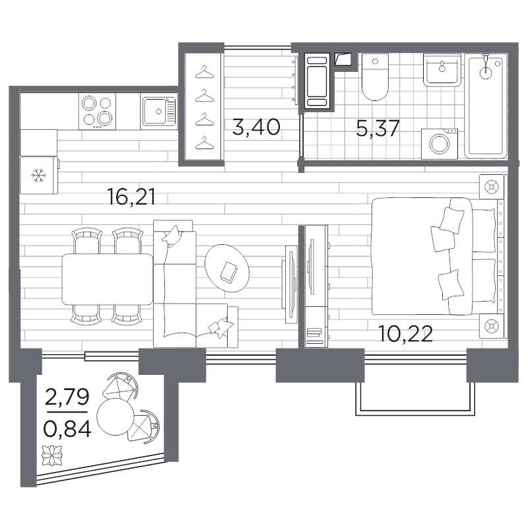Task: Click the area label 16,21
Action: coord(131,197)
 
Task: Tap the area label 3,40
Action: coord(256,127)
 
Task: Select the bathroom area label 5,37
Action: coord(378,128)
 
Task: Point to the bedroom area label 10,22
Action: coord(405,334)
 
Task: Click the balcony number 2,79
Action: coord(67,397)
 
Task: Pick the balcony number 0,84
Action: coord(67,429)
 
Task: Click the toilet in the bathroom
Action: coord(375,77)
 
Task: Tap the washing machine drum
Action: coord(440,145)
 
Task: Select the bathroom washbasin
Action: coord(442,69)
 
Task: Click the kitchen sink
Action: coord(159,111)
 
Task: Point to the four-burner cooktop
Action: coord(97,112)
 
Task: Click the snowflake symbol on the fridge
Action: coord(39,176)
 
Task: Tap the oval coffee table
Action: coord(227,269)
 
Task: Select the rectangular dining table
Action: coord(108,279)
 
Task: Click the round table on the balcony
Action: coord(115,417)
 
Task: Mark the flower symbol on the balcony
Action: coord(52,455)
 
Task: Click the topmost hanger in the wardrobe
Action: coord(205,72)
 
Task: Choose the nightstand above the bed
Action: coord(492,187)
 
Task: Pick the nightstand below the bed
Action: coord(492,327)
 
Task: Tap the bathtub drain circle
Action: coord(485,73)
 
